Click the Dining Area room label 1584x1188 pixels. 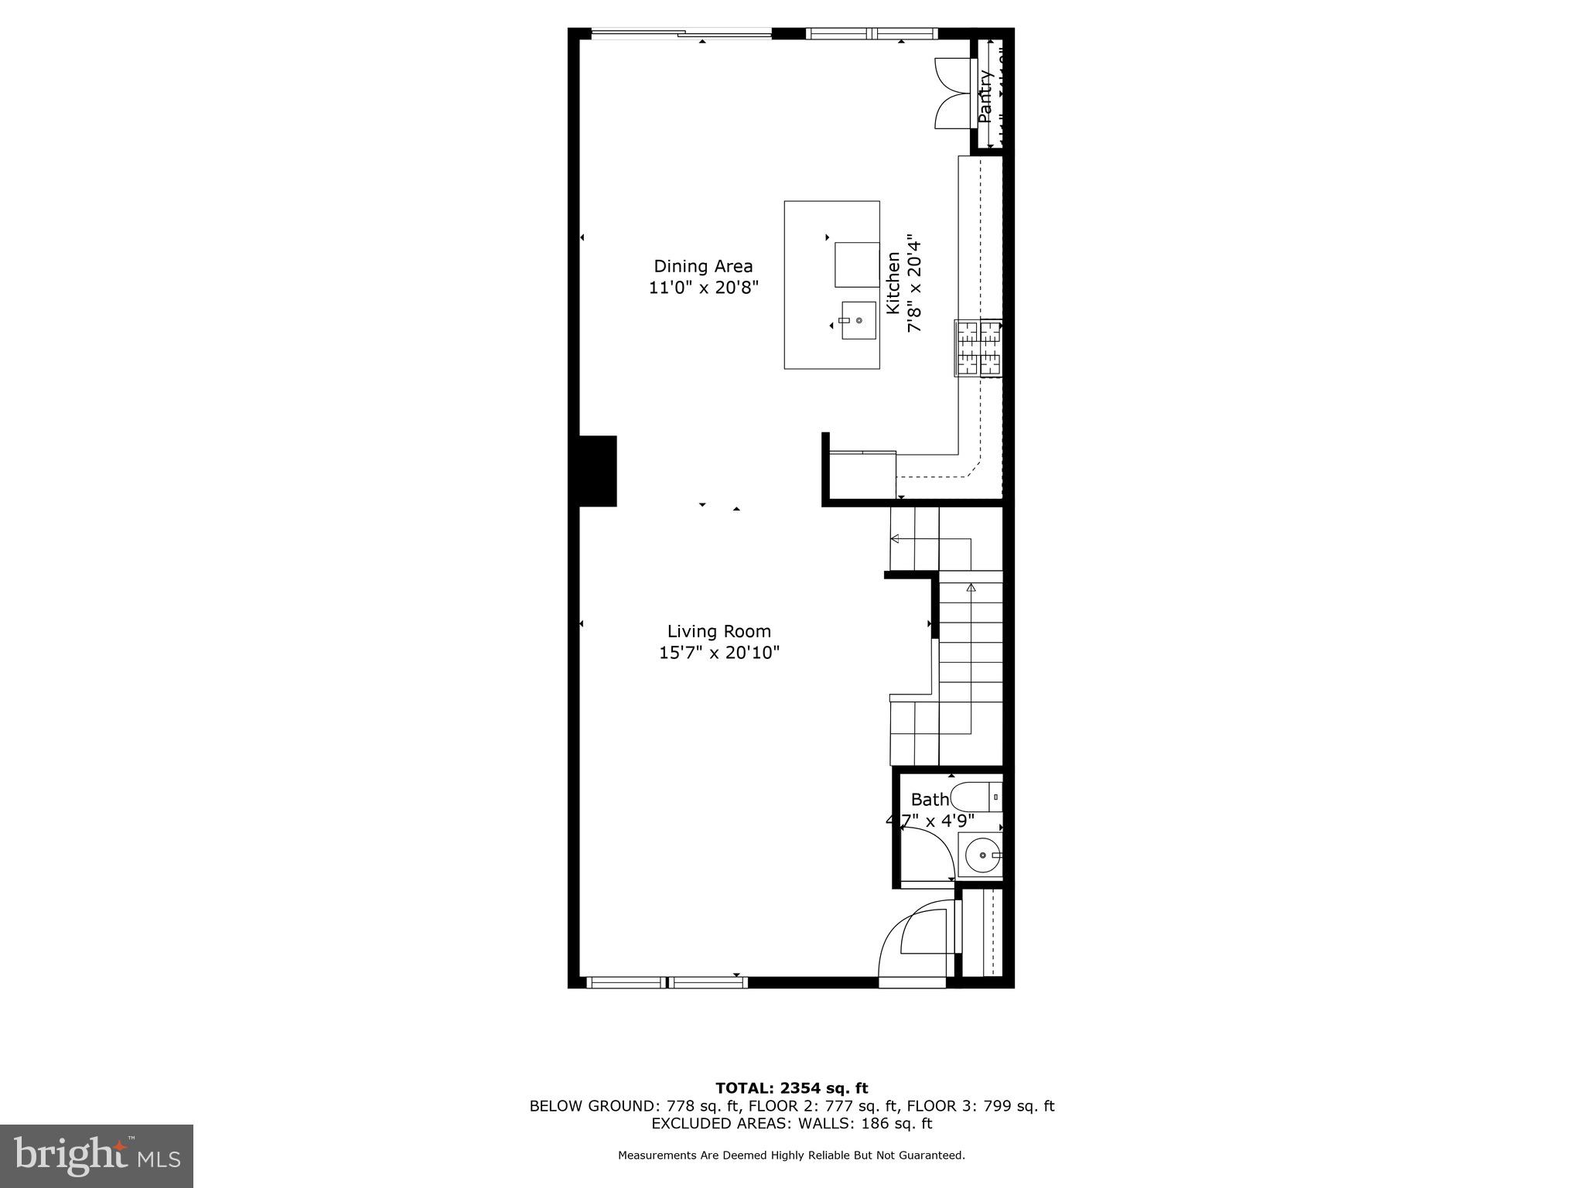(x=703, y=267)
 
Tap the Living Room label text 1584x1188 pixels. (x=719, y=632)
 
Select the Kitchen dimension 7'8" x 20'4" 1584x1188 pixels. (x=915, y=284)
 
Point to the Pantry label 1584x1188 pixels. (x=985, y=97)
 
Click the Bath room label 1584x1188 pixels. (x=929, y=800)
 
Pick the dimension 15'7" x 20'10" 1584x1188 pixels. (x=719, y=653)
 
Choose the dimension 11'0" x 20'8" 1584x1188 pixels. (x=703, y=288)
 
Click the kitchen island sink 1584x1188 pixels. (x=859, y=320)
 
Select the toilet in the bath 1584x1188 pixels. (x=976, y=797)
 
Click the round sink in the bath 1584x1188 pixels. (x=981, y=855)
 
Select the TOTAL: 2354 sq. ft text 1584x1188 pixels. (x=791, y=1088)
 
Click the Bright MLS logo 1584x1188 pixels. (x=97, y=1156)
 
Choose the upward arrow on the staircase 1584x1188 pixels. (x=971, y=588)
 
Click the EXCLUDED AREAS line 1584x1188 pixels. (x=791, y=1124)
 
